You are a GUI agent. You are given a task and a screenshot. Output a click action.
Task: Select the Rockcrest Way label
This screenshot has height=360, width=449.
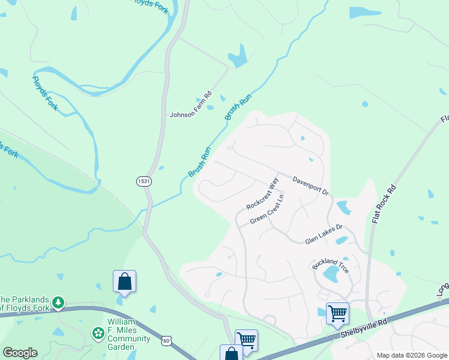(x=263, y=193)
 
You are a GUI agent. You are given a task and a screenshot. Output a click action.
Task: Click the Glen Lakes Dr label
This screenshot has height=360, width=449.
(x=324, y=233)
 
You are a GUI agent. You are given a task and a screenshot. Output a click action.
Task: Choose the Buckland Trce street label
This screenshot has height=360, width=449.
(x=330, y=266)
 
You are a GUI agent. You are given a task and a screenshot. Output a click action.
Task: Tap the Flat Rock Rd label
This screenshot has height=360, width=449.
(x=384, y=204)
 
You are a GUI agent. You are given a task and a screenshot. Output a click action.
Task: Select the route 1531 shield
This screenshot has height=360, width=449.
(x=143, y=181)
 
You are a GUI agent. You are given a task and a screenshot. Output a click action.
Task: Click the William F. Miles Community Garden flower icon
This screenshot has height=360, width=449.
(x=97, y=332)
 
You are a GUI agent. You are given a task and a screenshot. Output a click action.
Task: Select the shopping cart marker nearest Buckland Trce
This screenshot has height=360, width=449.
(x=337, y=312)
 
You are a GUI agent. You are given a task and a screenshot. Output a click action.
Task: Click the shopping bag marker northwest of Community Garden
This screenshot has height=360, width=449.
(x=124, y=281)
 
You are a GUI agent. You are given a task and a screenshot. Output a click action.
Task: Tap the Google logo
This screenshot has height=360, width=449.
(x=20, y=353)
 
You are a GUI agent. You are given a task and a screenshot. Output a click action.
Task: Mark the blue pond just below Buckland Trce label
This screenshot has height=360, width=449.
(x=331, y=275)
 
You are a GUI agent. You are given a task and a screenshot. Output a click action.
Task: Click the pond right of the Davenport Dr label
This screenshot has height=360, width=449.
(x=344, y=208)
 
